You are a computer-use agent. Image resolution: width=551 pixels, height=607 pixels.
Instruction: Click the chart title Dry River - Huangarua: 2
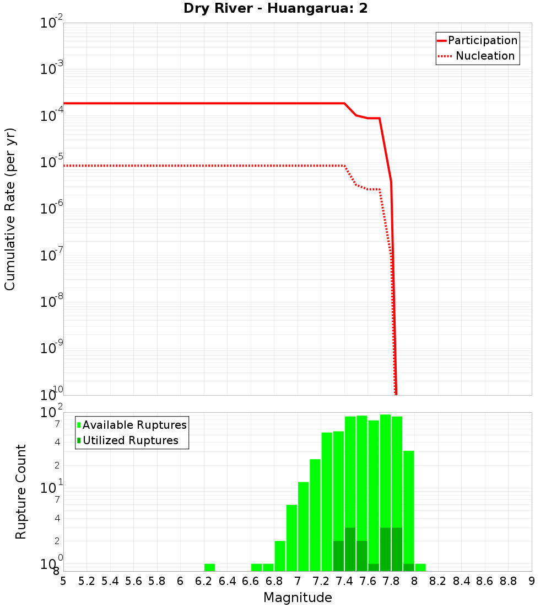pos(275,9)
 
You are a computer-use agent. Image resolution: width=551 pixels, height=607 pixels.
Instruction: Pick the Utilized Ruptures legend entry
pos(130,440)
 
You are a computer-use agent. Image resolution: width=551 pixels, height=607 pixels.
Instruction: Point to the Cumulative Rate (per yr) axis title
pos(10,209)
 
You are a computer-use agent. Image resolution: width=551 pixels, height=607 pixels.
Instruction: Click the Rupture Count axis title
pos(21,492)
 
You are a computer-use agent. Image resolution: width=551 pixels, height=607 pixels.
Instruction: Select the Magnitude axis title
pos(298,598)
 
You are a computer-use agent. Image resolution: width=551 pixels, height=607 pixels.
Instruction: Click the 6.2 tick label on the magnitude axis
pos(204,581)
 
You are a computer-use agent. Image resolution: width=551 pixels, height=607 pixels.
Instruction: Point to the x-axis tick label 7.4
pos(344,581)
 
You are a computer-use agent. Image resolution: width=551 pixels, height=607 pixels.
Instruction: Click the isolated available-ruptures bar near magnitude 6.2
pos(209,567)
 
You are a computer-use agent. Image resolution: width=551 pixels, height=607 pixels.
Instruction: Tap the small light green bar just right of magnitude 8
pos(420,567)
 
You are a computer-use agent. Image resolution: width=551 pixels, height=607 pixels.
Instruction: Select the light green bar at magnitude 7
pos(303,526)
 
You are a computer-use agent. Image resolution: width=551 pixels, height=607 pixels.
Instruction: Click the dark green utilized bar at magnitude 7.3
pos(338,556)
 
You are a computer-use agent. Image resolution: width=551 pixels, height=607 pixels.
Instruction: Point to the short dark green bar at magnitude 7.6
pos(374,567)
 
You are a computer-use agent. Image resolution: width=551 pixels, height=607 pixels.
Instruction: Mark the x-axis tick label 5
pos(63,581)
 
